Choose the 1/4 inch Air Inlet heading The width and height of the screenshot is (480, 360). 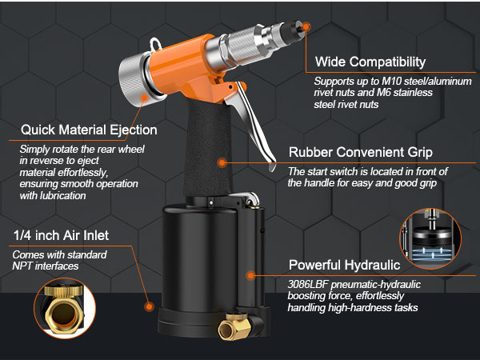pos(62,236)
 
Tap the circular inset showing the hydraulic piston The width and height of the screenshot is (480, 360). pos(429,237)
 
